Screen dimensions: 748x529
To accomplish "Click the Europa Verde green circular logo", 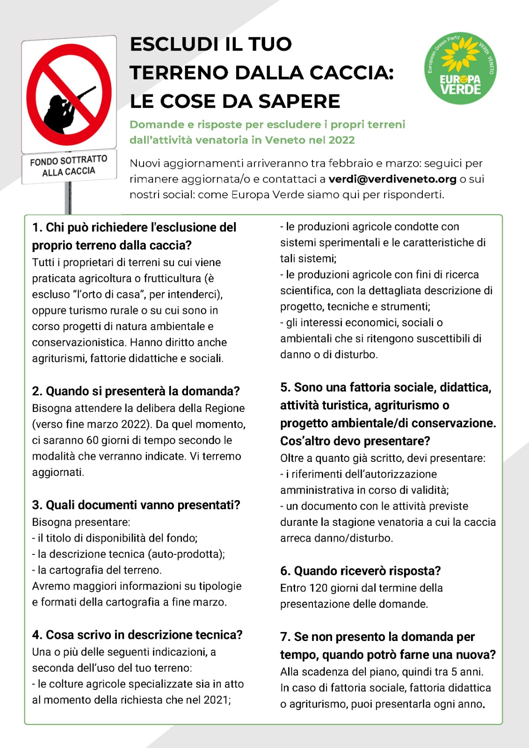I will pos(460,68).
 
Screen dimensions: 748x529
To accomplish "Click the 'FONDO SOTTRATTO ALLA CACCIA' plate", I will pos(69,166).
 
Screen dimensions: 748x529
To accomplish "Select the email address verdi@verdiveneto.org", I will pos(392,179).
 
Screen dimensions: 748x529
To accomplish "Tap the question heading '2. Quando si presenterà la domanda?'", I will pos(136,391).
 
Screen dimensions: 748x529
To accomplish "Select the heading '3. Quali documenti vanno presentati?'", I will pos(136,505).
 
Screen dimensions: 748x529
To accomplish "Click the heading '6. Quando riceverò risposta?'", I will pos(360,571).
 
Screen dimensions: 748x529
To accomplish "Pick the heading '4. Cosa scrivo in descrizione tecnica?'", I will pos(137,635).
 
